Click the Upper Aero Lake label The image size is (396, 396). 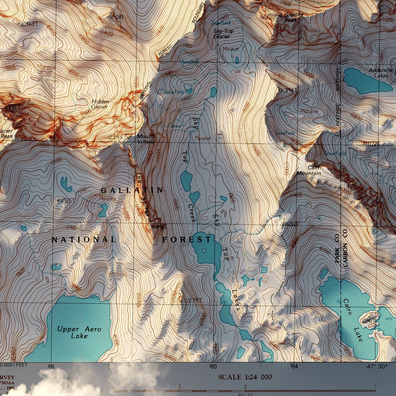pyautogui.click(x=79, y=332)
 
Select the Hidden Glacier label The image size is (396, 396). pyautogui.click(x=100, y=104)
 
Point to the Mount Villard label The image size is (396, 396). pyautogui.click(x=146, y=139)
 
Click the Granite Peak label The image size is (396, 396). pyautogui.click(x=292, y=17)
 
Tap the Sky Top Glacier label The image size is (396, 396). pyautogui.click(x=223, y=33)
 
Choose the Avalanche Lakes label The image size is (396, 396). pyautogui.click(x=381, y=73)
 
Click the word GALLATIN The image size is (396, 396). pyautogui.click(x=132, y=190)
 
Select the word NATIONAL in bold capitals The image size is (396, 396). pyautogui.click(x=84, y=240)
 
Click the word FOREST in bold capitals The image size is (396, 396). pyautogui.click(x=187, y=240)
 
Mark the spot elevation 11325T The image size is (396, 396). pyautogui.click(x=66, y=201)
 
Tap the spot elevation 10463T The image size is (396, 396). pyautogui.click(x=28, y=24)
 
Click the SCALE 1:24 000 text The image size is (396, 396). pyautogui.click(x=245, y=377)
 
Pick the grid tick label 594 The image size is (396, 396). pyautogui.click(x=294, y=366)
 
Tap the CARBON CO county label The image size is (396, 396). pyautogui.click(x=345, y=248)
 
